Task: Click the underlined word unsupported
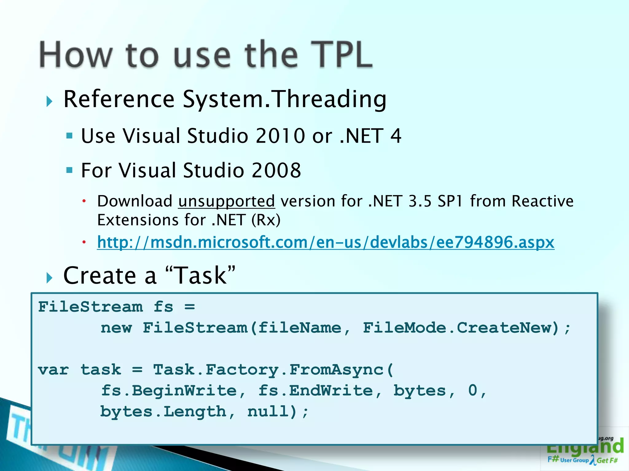pyautogui.click(x=226, y=201)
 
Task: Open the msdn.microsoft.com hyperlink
pyautogui.click(x=326, y=242)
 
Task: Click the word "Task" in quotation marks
pyautogui.click(x=200, y=275)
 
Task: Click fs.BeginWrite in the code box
pyautogui.click(x=169, y=391)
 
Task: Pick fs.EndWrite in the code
pyautogui.click(x=315, y=391)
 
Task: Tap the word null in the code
pyautogui.click(x=268, y=412)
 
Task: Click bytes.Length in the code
pyautogui.click(x=163, y=412)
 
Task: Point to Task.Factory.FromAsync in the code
pyautogui.click(x=268, y=370)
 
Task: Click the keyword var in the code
pyautogui.click(x=53, y=370)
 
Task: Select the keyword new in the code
pyautogui.click(x=116, y=328)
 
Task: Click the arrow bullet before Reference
pyautogui.click(x=49, y=101)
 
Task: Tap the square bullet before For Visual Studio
pyautogui.click(x=69, y=170)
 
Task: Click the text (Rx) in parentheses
pyautogui.click(x=266, y=220)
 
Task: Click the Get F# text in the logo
pyautogui.click(x=607, y=460)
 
